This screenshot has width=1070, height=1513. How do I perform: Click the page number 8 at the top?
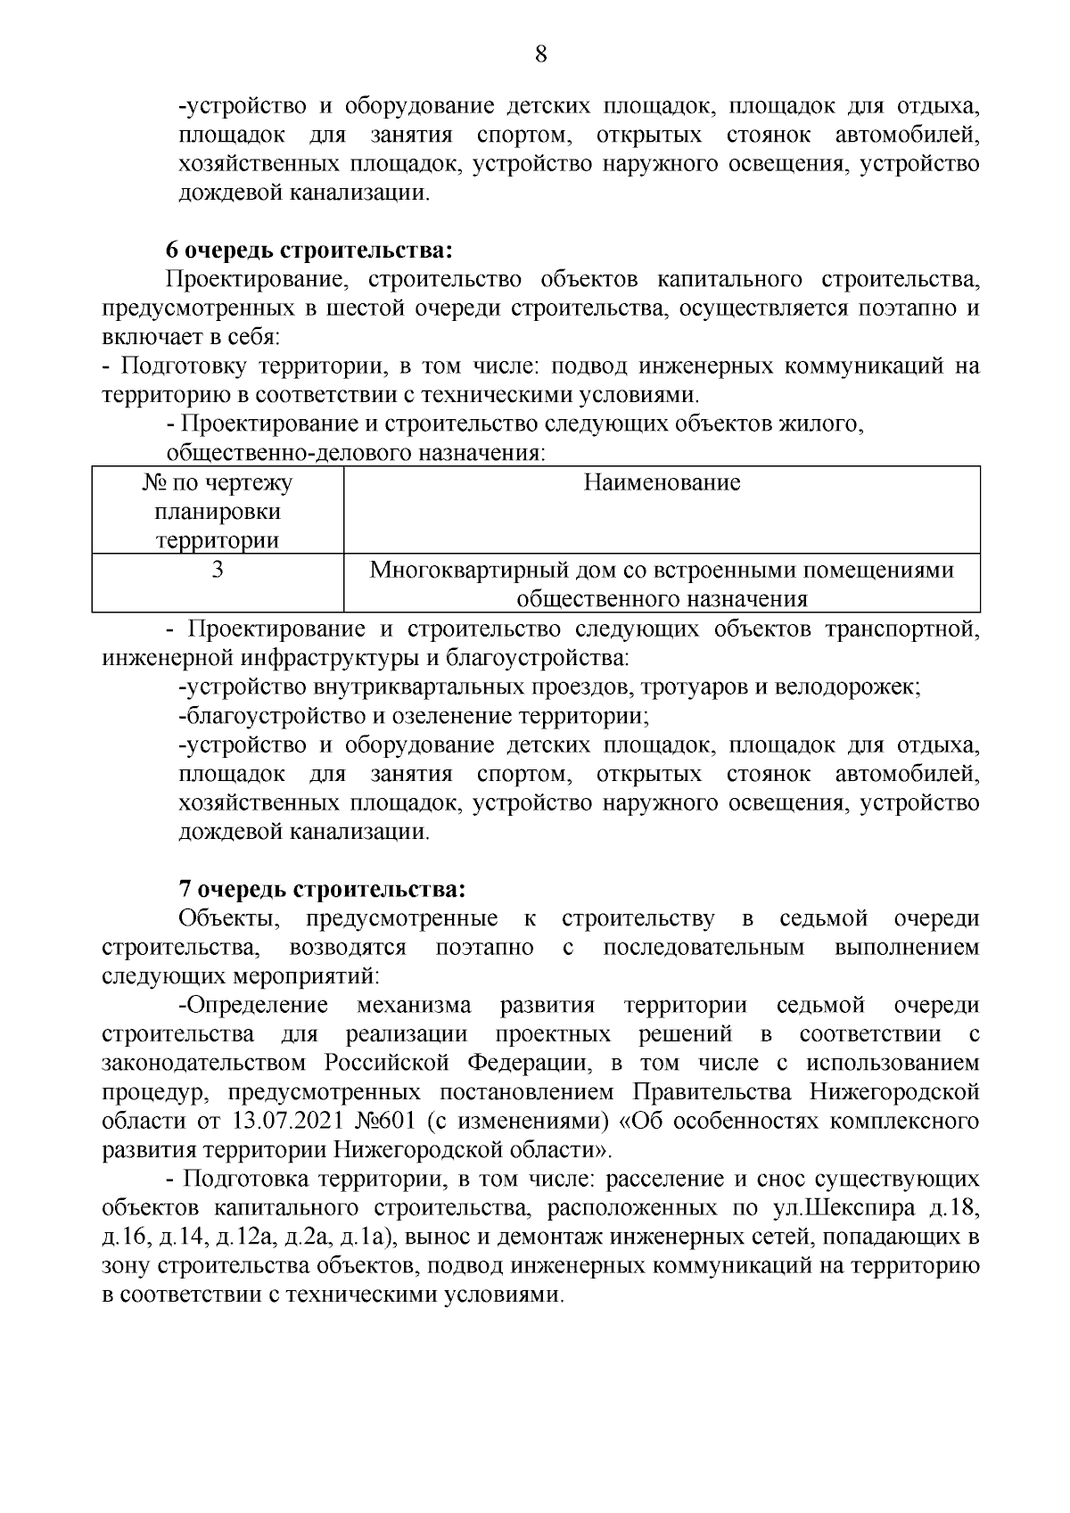[539, 54]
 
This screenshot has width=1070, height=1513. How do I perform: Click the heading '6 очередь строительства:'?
[313, 250]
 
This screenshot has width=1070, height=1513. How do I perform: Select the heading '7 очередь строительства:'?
[322, 889]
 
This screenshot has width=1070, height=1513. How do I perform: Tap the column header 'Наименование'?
[662, 483]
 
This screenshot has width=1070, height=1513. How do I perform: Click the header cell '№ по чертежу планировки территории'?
[218, 512]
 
